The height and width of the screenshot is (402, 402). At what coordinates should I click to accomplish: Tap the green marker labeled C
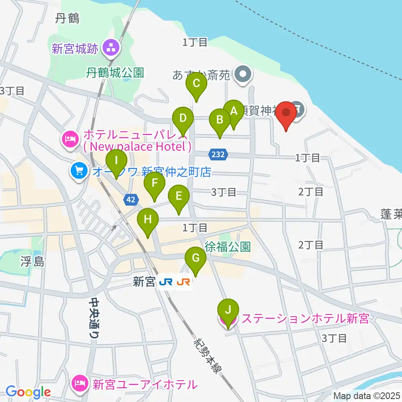(196, 84)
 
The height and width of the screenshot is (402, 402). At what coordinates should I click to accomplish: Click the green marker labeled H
(148, 219)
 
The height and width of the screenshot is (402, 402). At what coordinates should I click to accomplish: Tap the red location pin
(286, 113)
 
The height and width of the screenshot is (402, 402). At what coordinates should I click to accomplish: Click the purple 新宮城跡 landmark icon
(111, 48)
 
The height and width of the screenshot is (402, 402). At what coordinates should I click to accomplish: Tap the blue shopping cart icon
(78, 170)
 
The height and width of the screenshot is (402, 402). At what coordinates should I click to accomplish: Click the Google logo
(28, 392)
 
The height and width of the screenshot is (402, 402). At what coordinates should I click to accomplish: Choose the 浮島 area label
(31, 263)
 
